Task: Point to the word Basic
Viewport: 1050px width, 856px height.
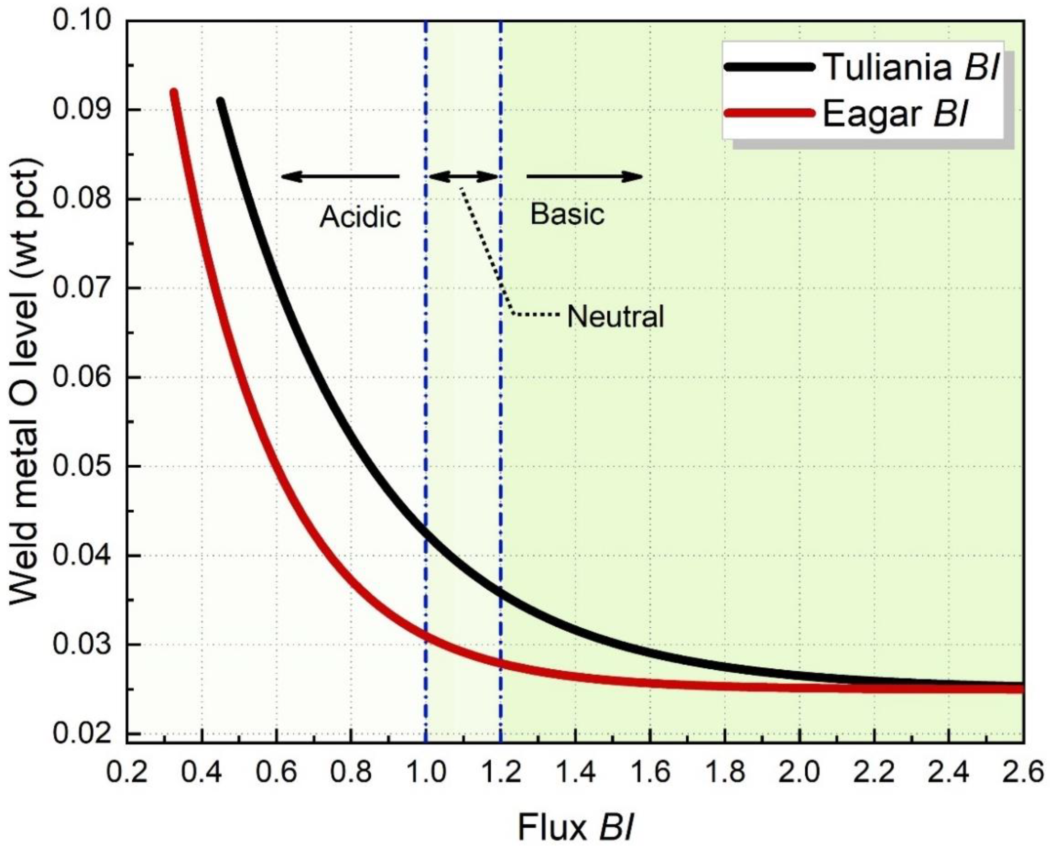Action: [x=567, y=214]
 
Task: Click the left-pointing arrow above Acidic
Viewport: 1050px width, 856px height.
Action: [x=340, y=176]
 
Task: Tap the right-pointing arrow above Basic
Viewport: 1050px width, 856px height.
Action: [x=585, y=176]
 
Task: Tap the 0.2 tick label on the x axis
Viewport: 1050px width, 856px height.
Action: [x=127, y=772]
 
